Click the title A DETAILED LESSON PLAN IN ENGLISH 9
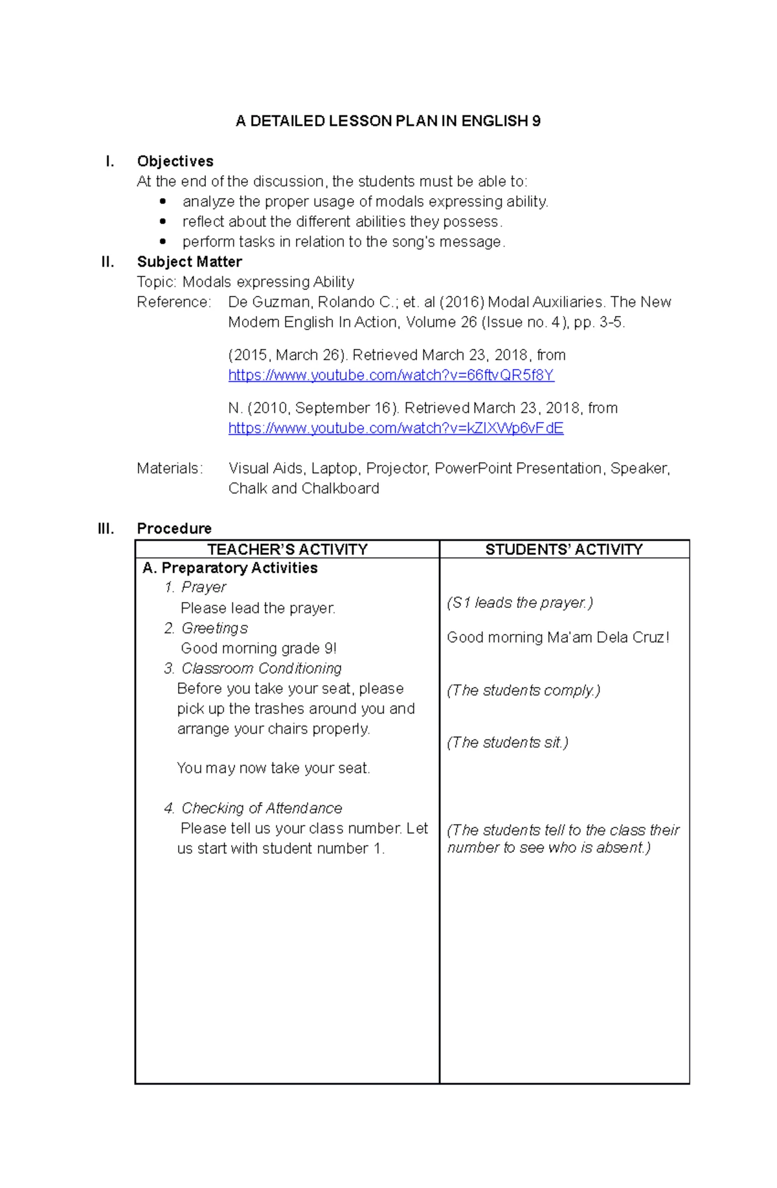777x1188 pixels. [388, 121]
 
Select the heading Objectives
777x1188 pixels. [175, 161]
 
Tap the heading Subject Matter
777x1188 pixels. [189, 262]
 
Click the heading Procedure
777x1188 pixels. [174, 528]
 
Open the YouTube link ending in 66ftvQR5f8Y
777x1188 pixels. [391, 375]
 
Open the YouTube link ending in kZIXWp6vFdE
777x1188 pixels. [396, 429]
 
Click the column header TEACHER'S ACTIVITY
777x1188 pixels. [287, 550]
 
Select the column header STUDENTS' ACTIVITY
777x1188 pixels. [564, 550]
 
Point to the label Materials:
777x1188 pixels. [170, 468]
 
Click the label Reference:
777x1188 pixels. [174, 302]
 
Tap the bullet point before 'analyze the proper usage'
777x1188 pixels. [163, 202]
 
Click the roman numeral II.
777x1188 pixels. [107, 262]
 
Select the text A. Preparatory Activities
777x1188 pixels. [230, 568]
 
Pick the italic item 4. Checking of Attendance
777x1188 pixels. [253, 808]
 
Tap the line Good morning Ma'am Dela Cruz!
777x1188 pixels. [557, 637]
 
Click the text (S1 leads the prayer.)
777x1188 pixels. [519, 603]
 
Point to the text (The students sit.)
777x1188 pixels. [508, 743]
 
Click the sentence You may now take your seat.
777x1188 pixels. [273, 768]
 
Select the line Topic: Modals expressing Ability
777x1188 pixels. [245, 282]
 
